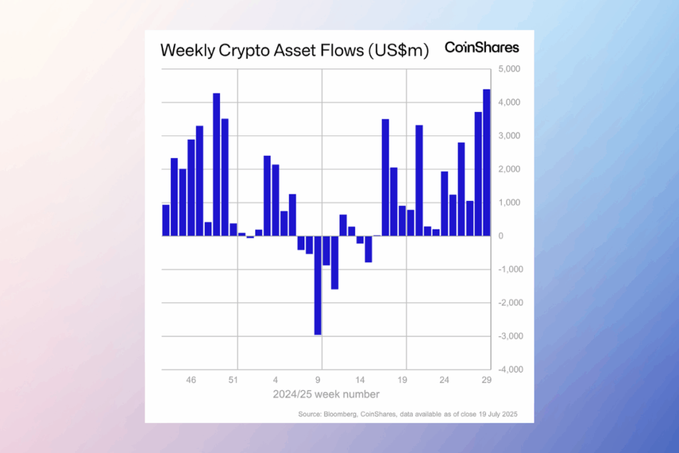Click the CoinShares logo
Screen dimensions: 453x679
click(x=482, y=48)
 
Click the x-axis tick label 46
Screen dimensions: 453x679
click(x=191, y=381)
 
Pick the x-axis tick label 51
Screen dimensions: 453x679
click(x=233, y=381)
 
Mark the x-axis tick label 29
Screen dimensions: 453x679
click(x=486, y=381)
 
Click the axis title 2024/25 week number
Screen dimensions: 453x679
click(x=326, y=395)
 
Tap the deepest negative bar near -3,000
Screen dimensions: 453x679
click(x=318, y=285)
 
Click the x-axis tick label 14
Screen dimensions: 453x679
click(x=360, y=381)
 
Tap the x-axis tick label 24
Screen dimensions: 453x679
click(x=444, y=381)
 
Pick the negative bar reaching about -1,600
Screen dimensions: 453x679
click(x=335, y=262)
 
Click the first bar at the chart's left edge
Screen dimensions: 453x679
click(x=166, y=220)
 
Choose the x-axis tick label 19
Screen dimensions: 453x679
click(x=402, y=381)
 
